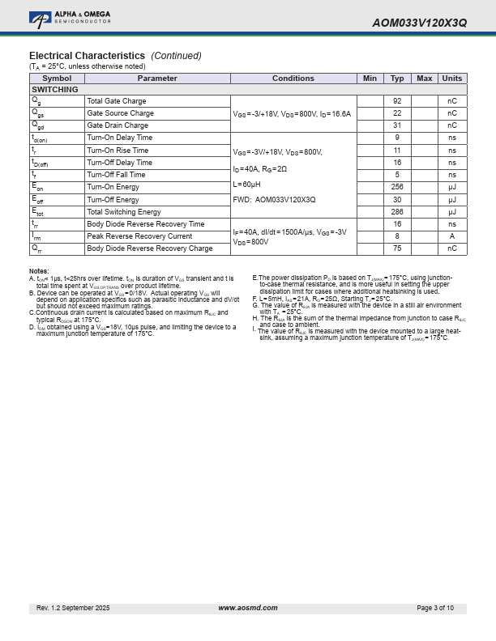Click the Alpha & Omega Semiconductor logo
(70, 17)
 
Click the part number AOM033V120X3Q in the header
(419, 23)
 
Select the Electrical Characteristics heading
(87, 56)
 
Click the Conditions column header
(293, 79)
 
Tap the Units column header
(451, 79)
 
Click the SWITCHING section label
(55, 90)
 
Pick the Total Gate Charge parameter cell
(117, 101)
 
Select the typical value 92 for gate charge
(397, 101)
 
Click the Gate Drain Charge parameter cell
(118, 125)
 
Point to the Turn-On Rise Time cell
(118, 151)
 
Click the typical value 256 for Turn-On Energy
(397, 187)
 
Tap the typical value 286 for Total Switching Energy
(397, 212)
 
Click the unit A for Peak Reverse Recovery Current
(451, 236)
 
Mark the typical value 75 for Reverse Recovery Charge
(397, 248)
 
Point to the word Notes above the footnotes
(39, 271)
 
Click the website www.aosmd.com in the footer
(248, 608)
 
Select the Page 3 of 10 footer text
(435, 608)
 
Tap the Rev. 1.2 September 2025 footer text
(73, 608)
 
